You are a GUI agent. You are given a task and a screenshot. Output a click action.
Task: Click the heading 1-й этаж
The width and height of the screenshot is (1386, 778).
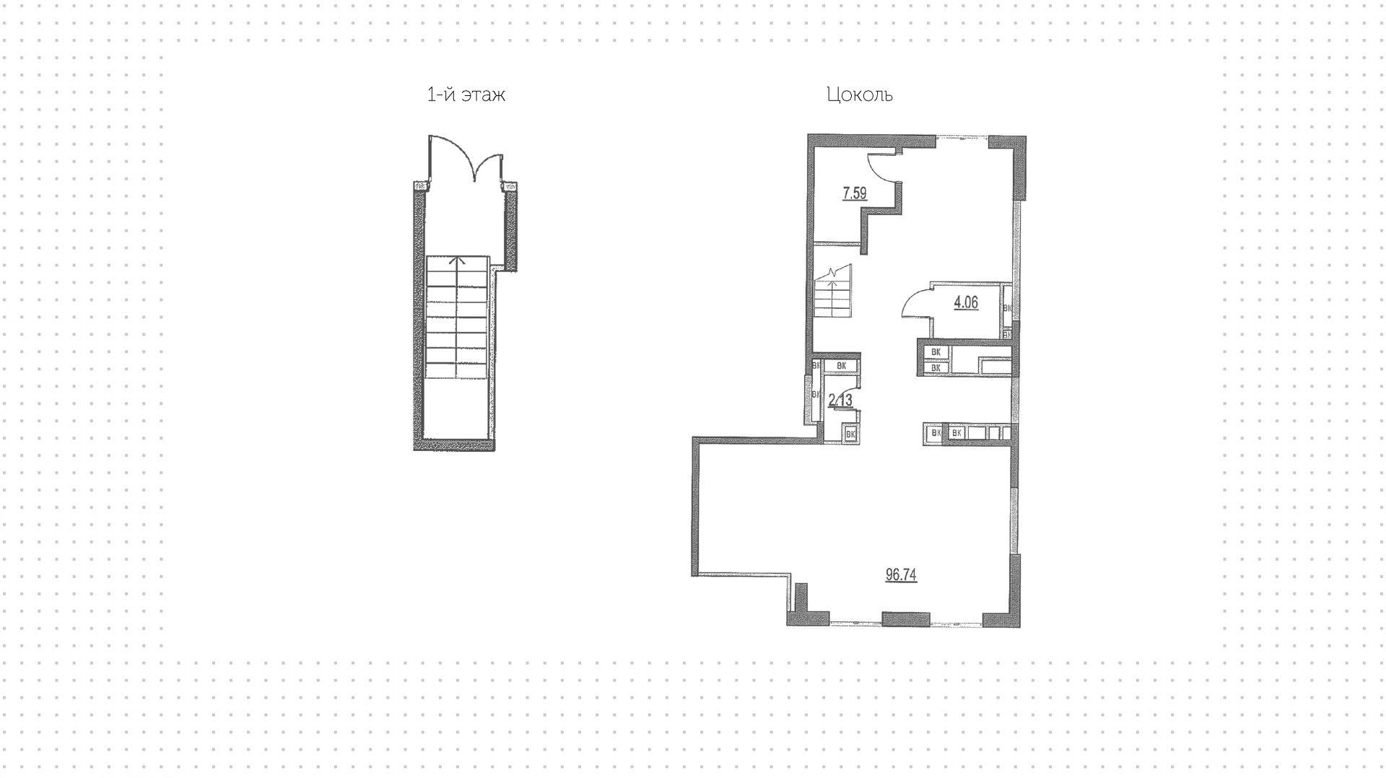click(466, 95)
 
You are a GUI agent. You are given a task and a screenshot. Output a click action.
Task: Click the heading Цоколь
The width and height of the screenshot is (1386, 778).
click(859, 95)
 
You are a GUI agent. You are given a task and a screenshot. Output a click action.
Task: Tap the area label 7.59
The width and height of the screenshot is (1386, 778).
click(854, 193)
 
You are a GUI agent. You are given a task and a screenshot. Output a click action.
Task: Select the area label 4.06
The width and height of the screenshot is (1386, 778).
click(966, 302)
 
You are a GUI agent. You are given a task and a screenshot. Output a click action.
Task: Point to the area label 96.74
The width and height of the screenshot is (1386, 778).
click(901, 574)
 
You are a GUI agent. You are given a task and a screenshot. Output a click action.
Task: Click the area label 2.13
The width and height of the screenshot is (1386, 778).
click(840, 400)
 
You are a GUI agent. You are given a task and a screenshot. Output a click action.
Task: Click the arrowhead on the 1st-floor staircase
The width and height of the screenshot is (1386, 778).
click(456, 261)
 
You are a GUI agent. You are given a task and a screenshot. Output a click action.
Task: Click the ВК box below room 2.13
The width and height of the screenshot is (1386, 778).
click(850, 434)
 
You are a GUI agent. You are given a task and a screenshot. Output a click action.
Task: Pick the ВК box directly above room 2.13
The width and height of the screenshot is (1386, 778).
click(840, 366)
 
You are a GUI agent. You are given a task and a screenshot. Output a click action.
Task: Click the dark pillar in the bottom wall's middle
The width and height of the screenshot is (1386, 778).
click(905, 619)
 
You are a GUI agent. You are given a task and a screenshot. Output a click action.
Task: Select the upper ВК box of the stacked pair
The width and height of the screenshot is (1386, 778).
click(936, 352)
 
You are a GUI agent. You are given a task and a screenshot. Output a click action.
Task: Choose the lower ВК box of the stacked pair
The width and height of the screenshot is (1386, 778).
click(936, 367)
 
